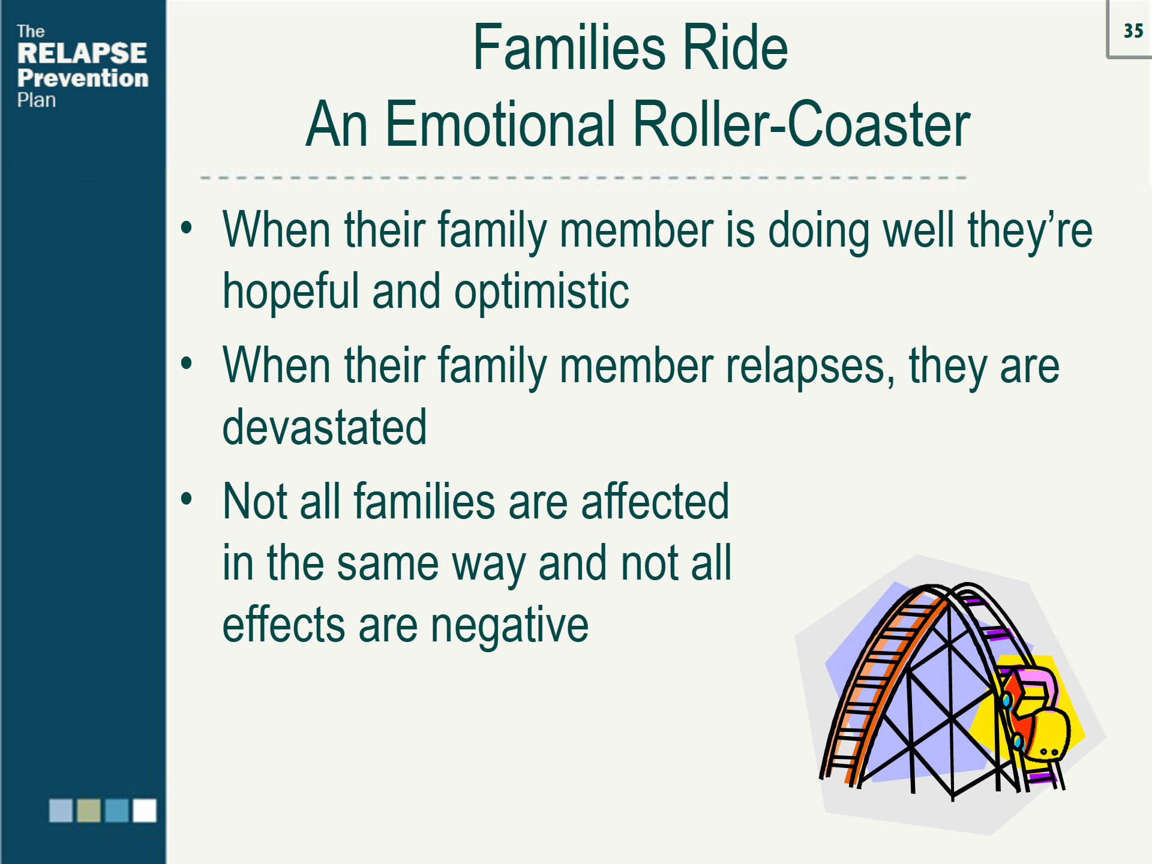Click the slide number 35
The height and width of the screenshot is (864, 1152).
[1133, 31]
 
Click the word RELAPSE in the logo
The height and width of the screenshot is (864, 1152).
[82, 53]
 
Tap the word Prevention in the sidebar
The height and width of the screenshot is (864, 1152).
[82, 79]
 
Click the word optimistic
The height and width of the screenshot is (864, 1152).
[541, 292]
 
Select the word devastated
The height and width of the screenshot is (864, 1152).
[324, 427]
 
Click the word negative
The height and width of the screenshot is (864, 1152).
[509, 625]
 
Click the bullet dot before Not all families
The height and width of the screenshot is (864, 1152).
[187, 499]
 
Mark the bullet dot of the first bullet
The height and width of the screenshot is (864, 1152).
[187, 227]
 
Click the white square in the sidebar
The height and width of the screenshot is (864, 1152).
[144, 810]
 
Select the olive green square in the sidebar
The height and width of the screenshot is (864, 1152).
[89, 810]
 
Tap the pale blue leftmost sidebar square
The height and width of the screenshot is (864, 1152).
[61, 810]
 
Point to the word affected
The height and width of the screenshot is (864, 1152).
[655, 502]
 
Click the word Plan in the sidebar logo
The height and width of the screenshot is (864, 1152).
[36, 100]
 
